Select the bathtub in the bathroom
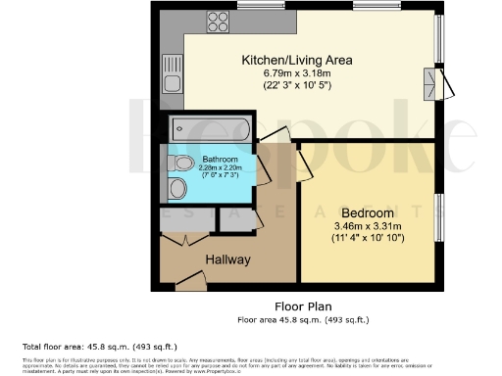tap(211, 128)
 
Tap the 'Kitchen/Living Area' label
tap(297, 61)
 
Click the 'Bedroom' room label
tap(368, 212)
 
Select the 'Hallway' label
tap(227, 259)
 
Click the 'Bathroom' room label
tap(221, 159)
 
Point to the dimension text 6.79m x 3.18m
tap(297, 73)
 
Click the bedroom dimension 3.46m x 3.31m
tap(368, 226)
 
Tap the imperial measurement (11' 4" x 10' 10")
tap(368, 239)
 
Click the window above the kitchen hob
tap(253, 6)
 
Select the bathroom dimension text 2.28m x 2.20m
tap(221, 167)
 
